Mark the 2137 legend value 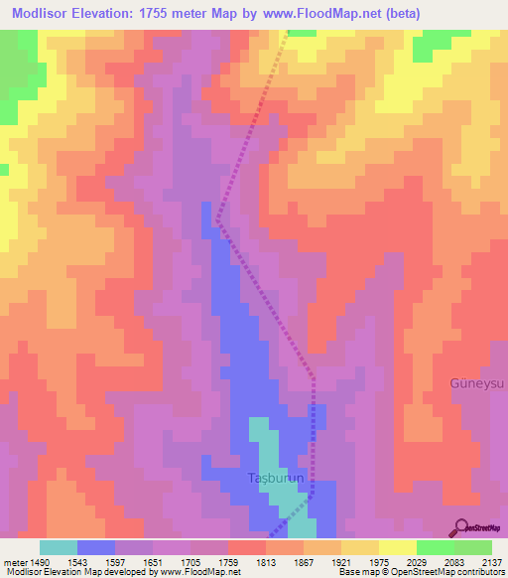[492, 561]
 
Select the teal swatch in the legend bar [59, 547]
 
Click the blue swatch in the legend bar [96, 547]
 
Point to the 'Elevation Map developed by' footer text [94, 573]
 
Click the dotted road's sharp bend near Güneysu [314, 378]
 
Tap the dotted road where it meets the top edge [289, 32]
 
